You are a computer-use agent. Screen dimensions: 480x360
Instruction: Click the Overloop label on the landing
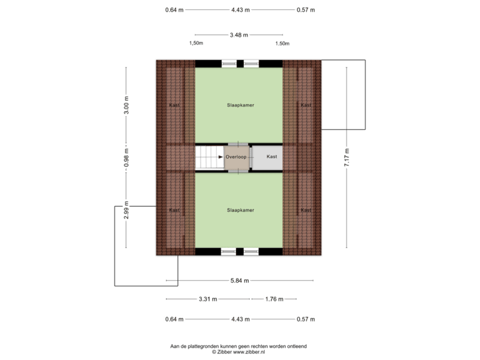tap(236, 157)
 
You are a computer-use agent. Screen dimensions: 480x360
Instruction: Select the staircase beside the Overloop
tap(210, 157)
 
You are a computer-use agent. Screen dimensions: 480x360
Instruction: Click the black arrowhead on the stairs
tap(221, 157)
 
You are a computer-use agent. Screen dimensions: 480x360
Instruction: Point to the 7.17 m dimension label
tap(347, 157)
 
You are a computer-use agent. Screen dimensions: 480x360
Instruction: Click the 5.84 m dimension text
tap(240, 281)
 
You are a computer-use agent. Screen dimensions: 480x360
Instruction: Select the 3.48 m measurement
tap(239, 35)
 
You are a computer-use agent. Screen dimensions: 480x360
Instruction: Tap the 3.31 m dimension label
tap(208, 299)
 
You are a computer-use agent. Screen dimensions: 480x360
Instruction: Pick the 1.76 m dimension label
tap(274, 299)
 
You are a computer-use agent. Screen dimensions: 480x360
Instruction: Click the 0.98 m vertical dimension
tap(126, 157)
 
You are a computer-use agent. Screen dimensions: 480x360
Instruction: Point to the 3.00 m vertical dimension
tap(126, 105)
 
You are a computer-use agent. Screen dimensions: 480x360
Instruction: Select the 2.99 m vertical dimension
tap(126, 210)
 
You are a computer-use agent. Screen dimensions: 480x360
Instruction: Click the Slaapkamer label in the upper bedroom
tap(241, 105)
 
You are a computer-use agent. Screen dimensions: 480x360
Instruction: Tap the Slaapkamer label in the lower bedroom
tap(241, 210)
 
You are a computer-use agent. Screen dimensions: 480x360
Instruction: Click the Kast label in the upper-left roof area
tap(175, 105)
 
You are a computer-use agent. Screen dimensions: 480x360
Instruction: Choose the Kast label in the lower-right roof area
tap(306, 210)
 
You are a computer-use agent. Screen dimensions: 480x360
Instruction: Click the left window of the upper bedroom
tap(229, 64)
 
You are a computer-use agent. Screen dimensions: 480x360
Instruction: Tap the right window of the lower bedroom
tap(251, 251)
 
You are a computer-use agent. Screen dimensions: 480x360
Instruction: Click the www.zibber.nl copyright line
tap(239, 352)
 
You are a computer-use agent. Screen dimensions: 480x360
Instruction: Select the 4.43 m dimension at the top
tap(240, 10)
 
